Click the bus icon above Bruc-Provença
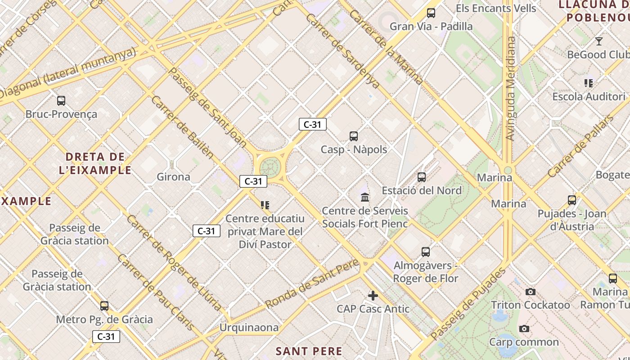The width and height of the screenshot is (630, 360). tap(61, 101)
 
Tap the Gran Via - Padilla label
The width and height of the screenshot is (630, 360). tap(431, 27)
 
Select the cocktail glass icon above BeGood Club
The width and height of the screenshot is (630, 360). tap(598, 41)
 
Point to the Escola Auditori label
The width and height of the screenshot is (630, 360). tap(589, 97)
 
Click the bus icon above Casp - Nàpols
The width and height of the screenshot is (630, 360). tap(354, 136)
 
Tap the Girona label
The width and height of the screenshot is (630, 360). tap(173, 177)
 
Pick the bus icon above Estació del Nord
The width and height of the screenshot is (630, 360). tap(422, 177)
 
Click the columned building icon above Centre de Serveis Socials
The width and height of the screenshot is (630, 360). tap(365, 197)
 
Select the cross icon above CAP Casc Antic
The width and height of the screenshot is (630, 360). tap(373, 296)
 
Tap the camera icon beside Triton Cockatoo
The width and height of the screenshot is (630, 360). tap(531, 292)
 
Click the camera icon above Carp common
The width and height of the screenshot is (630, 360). tap(524, 329)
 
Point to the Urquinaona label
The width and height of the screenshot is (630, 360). tap(249, 328)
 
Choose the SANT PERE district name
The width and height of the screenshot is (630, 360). tap(309, 351)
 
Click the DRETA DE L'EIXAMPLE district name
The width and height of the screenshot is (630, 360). tap(95, 163)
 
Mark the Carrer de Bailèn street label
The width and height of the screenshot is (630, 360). tap(182, 126)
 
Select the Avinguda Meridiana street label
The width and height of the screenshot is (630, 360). tap(510, 88)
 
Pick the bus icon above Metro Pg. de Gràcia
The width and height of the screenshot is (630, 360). tap(104, 306)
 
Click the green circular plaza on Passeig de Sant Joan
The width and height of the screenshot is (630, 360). tap(270, 166)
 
